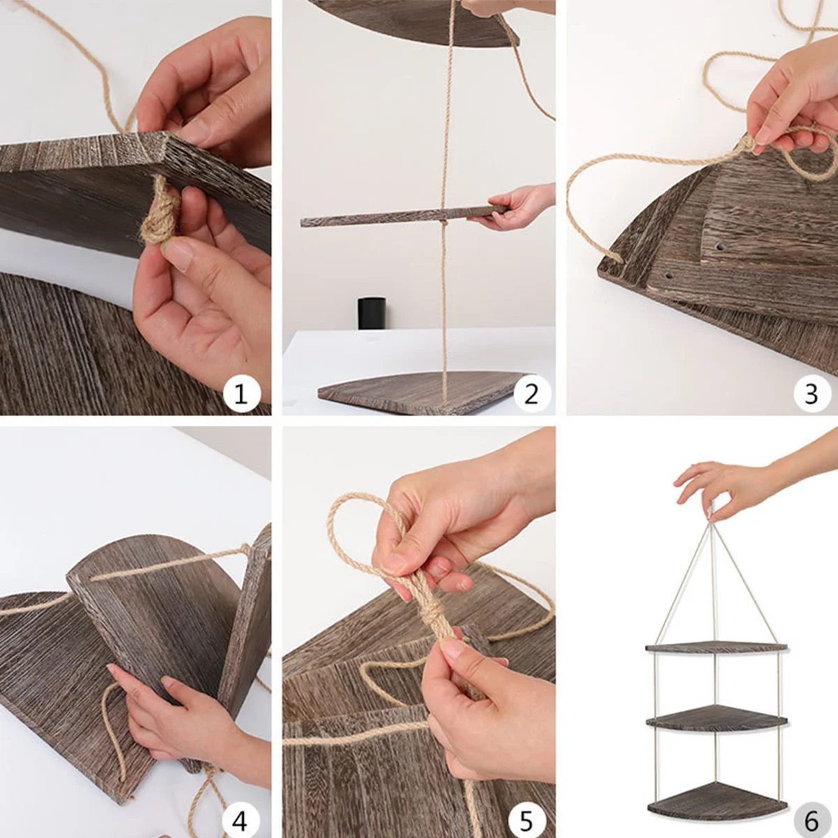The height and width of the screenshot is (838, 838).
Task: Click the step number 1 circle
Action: coord(242,395)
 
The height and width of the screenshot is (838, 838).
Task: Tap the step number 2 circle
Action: coord(531,395)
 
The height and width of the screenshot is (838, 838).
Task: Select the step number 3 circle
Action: coord(811,395)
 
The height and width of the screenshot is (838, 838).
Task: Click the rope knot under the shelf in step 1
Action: coord(160,214)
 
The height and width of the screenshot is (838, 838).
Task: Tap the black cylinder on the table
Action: coord(372,313)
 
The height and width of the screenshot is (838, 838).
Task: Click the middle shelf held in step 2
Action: coord(404,216)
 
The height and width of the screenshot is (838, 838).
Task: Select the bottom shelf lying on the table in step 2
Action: coord(422,392)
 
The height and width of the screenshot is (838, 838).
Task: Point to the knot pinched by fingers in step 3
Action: coord(747,144)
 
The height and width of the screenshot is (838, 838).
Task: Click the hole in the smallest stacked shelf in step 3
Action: coord(720,247)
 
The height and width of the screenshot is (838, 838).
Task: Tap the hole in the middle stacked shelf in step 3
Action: coord(669,275)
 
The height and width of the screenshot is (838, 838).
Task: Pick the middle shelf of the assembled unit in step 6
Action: coord(716,720)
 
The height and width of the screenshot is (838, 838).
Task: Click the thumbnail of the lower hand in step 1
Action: coord(177,253)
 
